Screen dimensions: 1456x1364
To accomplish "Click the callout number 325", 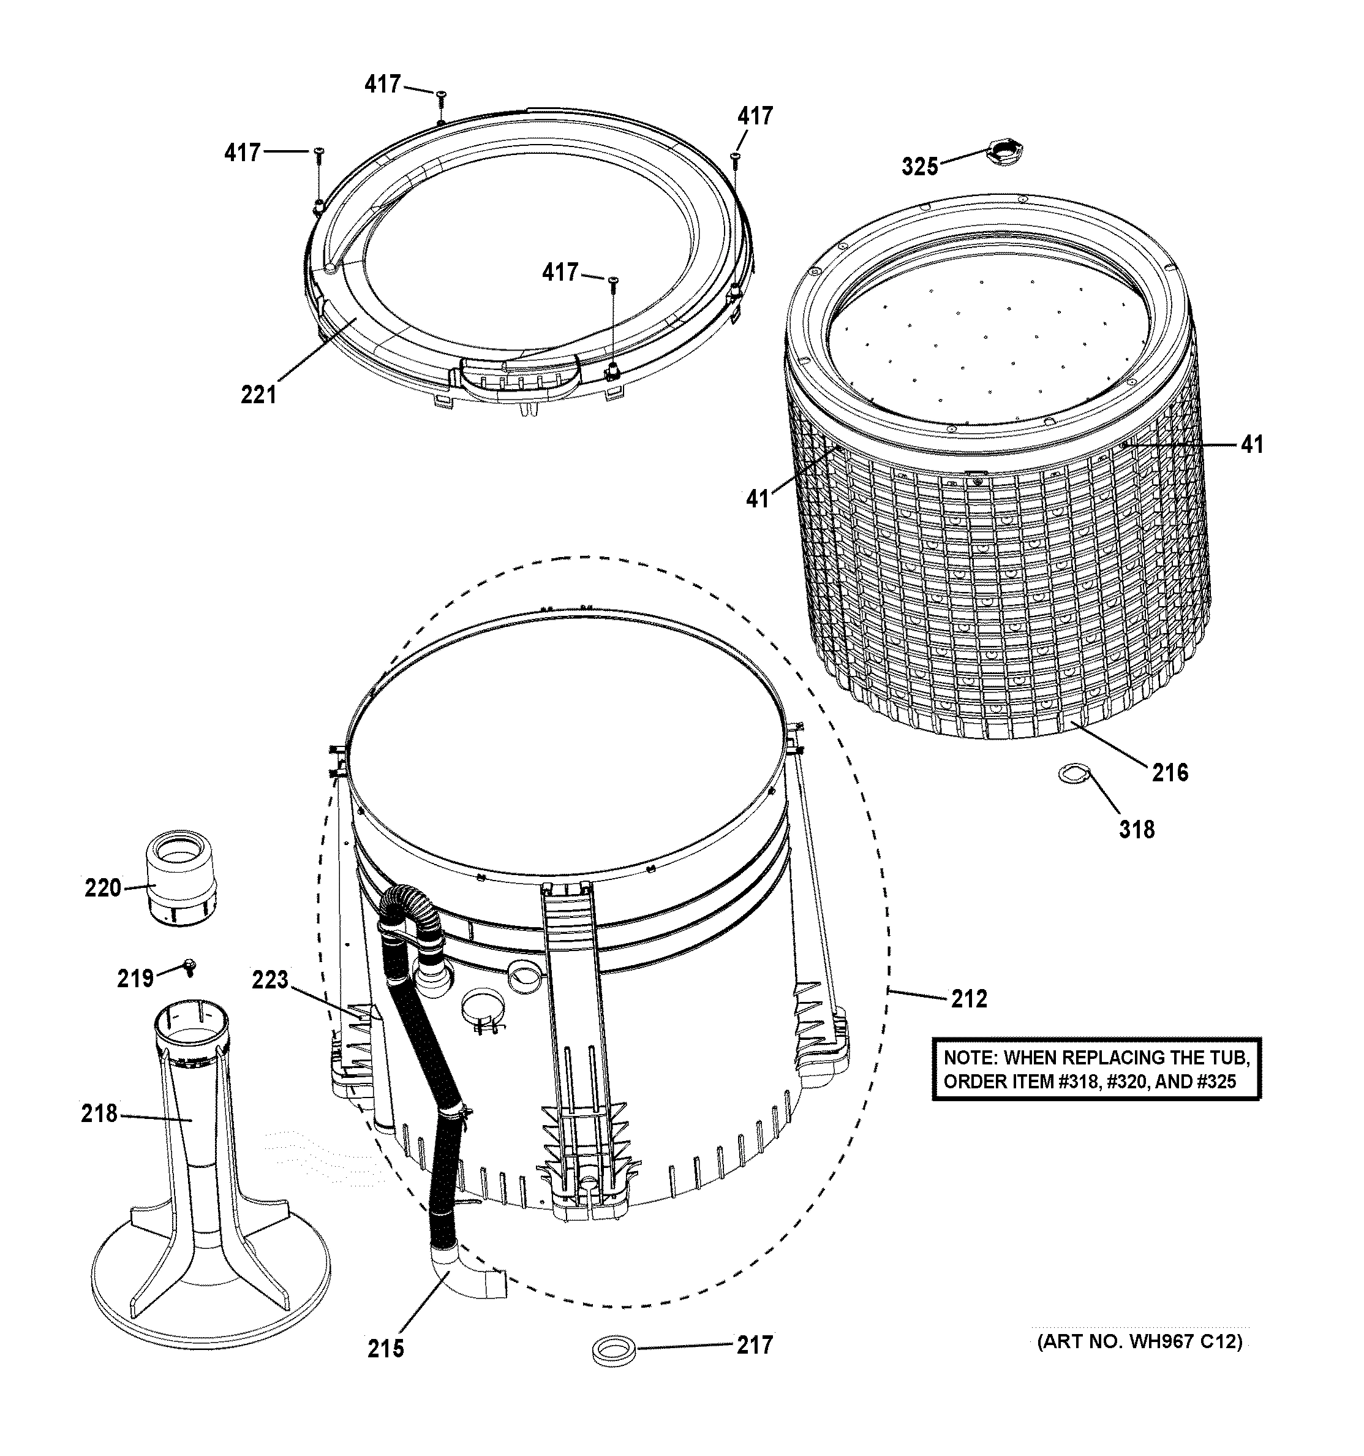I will (x=919, y=167).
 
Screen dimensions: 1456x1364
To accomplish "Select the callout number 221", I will (x=258, y=395).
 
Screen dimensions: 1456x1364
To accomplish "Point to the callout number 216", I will (x=1170, y=772).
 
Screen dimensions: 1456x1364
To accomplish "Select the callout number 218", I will (x=99, y=1113).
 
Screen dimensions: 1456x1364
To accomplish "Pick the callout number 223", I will (x=270, y=979).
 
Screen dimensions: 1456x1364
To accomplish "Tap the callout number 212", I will (x=968, y=998).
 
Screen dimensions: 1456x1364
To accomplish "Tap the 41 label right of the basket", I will (x=1252, y=444).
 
